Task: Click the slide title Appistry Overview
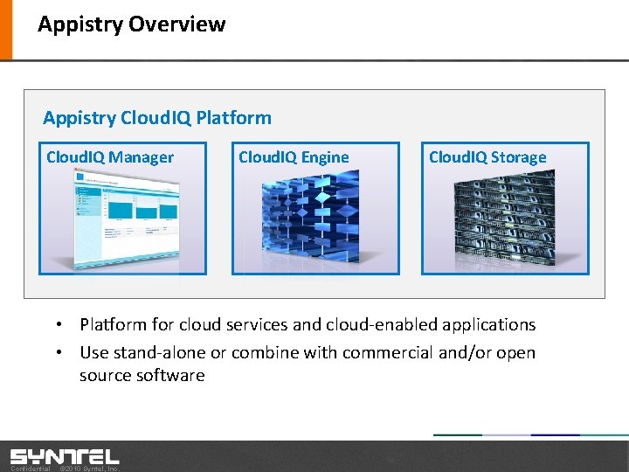click(x=131, y=24)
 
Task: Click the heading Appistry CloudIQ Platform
click(x=157, y=117)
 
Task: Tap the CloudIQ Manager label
click(x=110, y=157)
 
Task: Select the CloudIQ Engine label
click(x=294, y=157)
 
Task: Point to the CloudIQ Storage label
click(x=487, y=157)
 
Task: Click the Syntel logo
click(x=65, y=455)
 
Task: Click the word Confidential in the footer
click(x=30, y=469)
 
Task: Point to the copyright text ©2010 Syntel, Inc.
click(x=88, y=469)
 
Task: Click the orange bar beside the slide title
click(x=6, y=29)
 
